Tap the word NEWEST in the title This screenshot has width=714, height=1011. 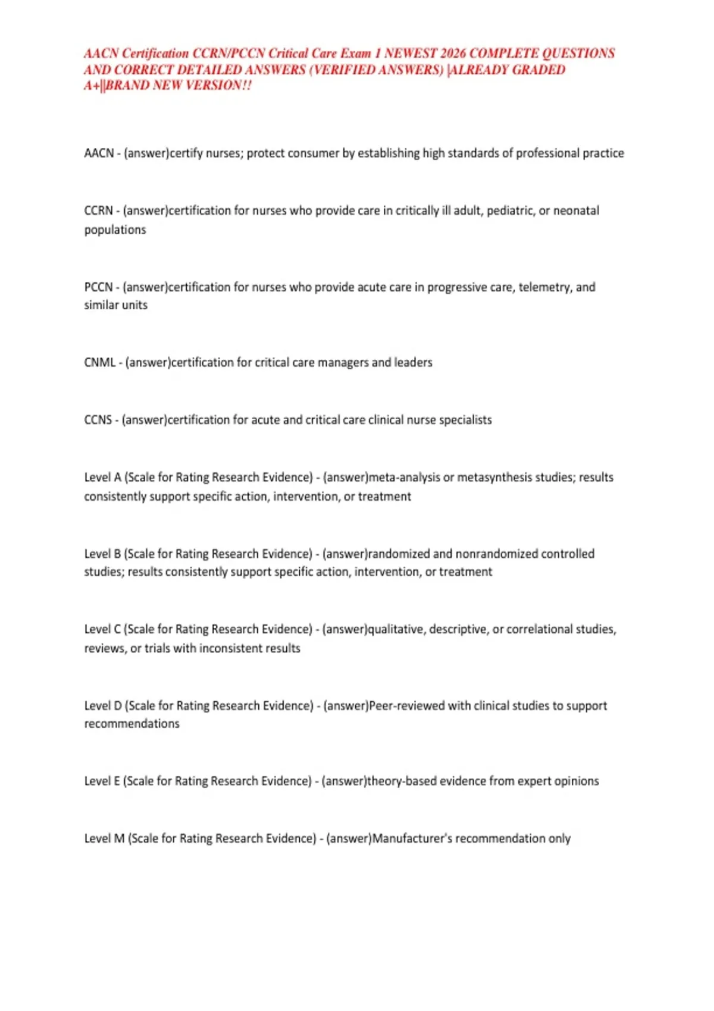(411, 54)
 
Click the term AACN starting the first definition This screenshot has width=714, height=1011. (99, 153)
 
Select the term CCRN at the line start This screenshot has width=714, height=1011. (98, 211)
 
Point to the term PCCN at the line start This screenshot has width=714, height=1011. (98, 287)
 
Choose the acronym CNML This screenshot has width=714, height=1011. (100, 363)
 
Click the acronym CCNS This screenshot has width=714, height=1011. (98, 420)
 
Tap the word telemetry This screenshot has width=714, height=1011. (544, 287)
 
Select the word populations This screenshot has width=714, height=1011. (115, 230)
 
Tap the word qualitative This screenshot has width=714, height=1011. (396, 630)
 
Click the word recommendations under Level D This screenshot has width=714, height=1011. (131, 724)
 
